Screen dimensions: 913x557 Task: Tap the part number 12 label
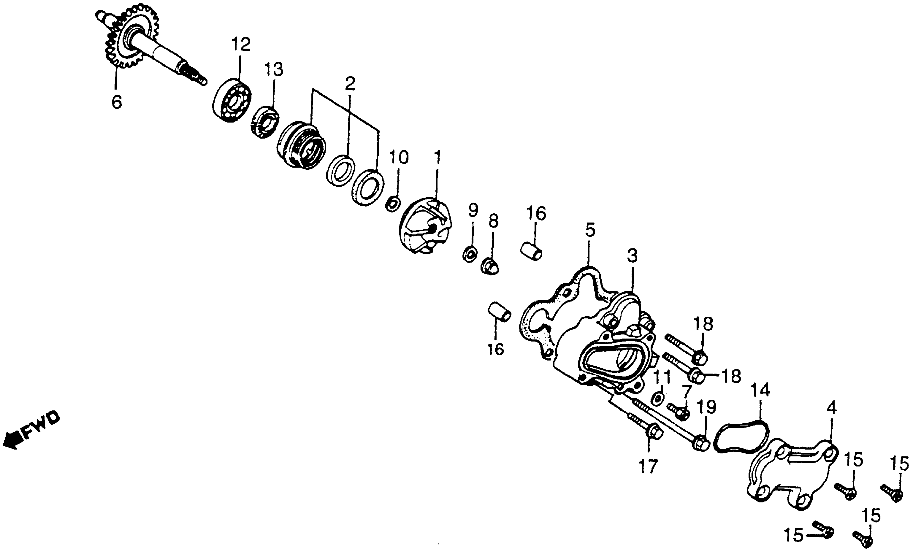(240, 45)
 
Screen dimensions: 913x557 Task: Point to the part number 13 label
(274, 69)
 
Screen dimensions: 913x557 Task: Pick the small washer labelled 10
(393, 204)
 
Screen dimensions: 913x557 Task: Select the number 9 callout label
(473, 210)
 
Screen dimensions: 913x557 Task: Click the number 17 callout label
(648, 467)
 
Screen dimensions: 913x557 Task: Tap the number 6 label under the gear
(116, 102)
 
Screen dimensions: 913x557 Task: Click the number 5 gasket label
(590, 230)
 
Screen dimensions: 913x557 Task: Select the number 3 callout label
(632, 256)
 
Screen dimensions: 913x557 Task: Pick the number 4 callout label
(831, 408)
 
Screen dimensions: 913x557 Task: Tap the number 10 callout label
(398, 157)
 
